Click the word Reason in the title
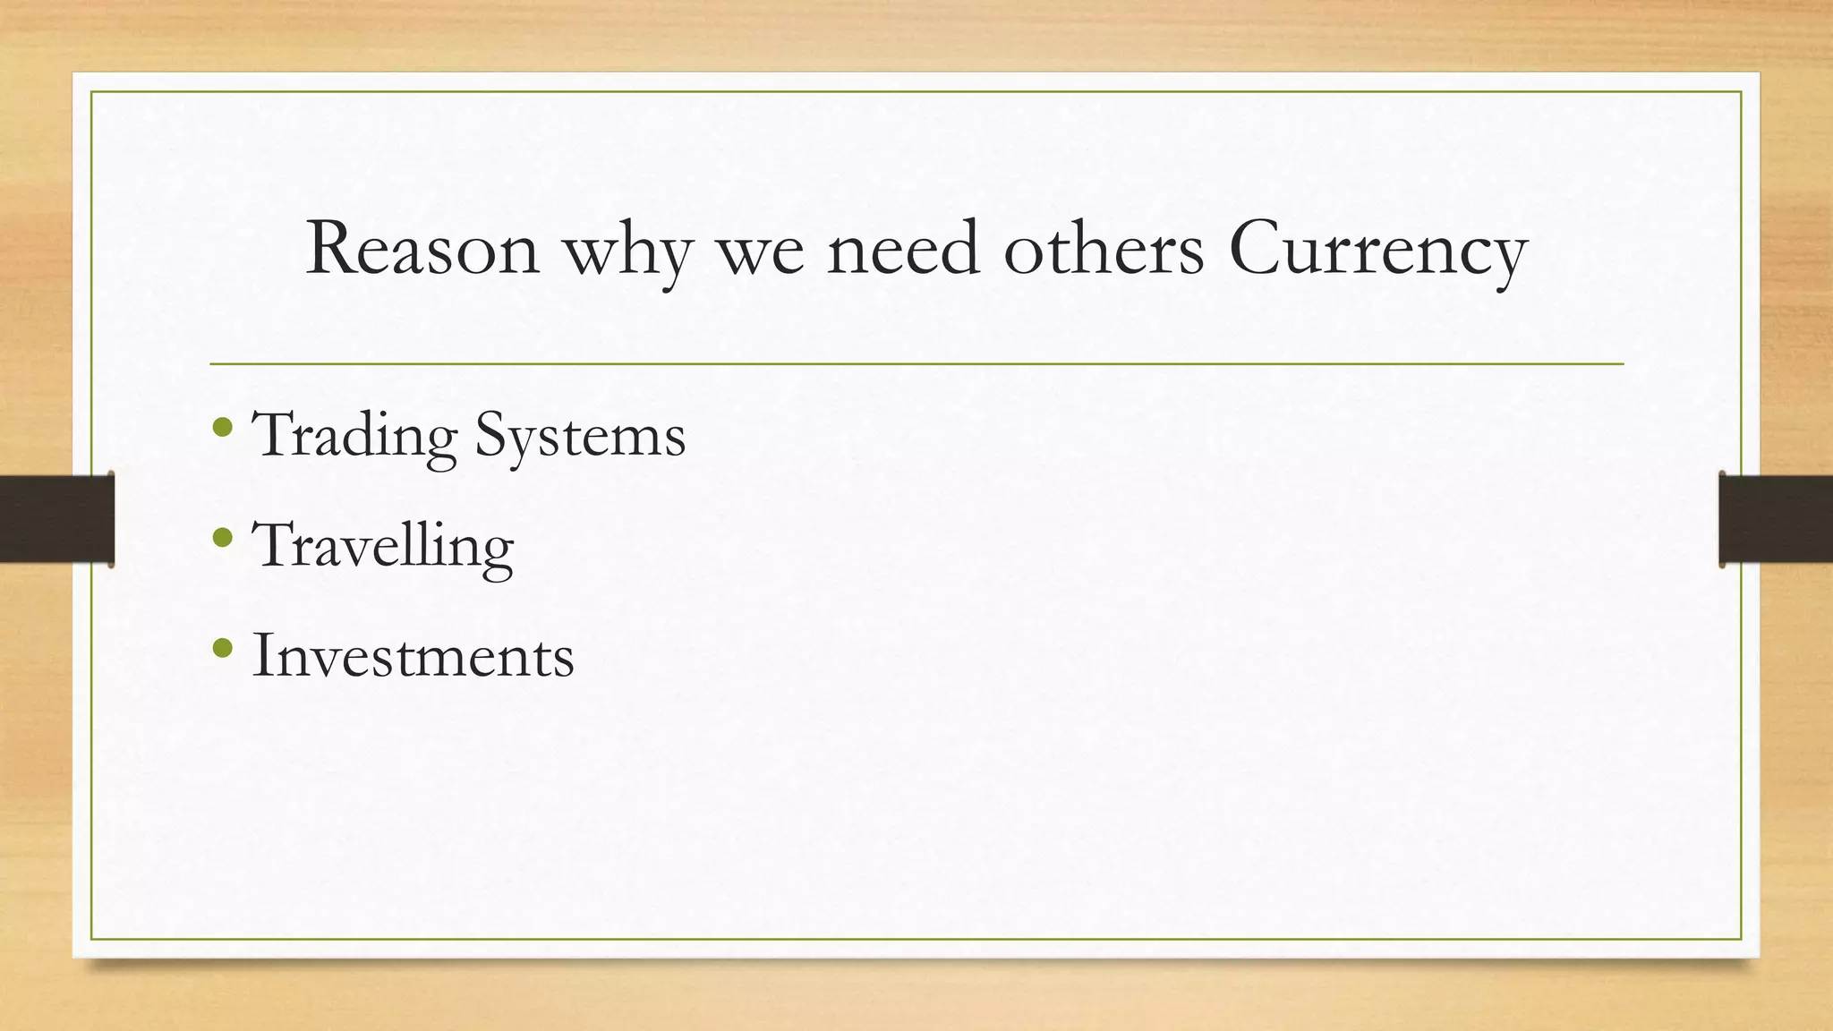tap(422, 249)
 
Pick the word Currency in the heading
tap(1377, 251)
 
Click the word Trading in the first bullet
tap(354, 438)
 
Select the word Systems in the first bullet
tap(580, 438)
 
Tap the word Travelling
tap(383, 547)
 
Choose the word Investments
tap(413, 656)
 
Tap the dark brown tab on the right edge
tap(1776, 519)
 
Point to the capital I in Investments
tap(262, 655)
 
